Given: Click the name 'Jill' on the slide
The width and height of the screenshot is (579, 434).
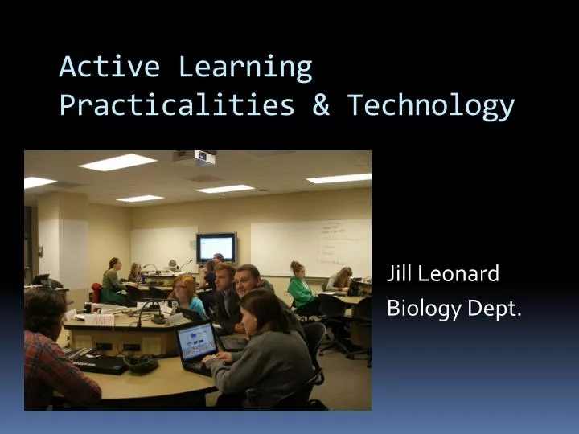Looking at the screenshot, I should (x=400, y=275).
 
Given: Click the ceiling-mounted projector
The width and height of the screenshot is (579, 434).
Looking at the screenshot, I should (x=194, y=158).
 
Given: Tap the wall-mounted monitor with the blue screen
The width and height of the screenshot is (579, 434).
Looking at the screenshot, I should (x=216, y=248).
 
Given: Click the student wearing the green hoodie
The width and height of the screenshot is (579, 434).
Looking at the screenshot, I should (x=302, y=288).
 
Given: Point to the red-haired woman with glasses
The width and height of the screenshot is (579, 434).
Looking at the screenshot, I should (x=187, y=296).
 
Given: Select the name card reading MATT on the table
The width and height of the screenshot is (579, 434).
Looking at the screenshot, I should (x=101, y=319).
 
